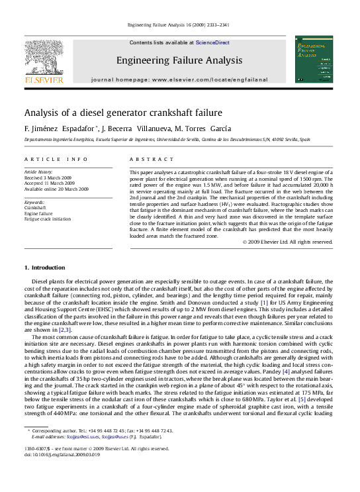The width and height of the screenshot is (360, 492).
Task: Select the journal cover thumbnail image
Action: [314, 60]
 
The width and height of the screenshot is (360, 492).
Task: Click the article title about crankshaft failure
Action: [123, 113]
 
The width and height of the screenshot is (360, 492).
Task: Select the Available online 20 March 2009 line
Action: [56, 189]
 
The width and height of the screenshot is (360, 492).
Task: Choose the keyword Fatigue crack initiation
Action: [48, 219]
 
